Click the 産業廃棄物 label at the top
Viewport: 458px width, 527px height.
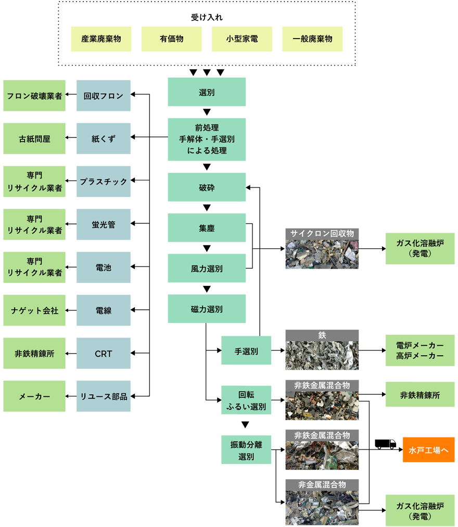tap(101, 39)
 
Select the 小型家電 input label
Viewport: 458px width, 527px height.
tap(242, 39)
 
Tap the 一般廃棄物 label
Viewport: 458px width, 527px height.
tap(312, 39)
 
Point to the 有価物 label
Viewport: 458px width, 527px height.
tap(172, 39)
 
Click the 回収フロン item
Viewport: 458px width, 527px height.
tap(104, 96)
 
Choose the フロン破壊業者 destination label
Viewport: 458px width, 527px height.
tap(35, 96)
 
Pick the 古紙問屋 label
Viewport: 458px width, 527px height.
tap(35, 139)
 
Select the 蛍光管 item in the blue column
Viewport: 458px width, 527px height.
tap(104, 225)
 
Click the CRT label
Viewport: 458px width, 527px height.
tap(104, 354)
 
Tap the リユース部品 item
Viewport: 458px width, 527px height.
tap(104, 396)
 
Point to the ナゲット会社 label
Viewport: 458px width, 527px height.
tap(35, 311)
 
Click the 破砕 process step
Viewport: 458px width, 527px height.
tap(207, 188)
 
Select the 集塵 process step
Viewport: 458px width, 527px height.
tap(207, 228)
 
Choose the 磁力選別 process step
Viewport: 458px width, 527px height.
tap(207, 309)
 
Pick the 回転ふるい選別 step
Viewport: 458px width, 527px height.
tap(246, 400)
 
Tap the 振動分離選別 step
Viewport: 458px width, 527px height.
tap(246, 450)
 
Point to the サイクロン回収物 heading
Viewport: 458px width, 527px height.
tap(322, 233)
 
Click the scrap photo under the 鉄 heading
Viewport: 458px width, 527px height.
tap(322, 355)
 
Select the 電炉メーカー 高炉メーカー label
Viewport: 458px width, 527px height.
tap(419, 350)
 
